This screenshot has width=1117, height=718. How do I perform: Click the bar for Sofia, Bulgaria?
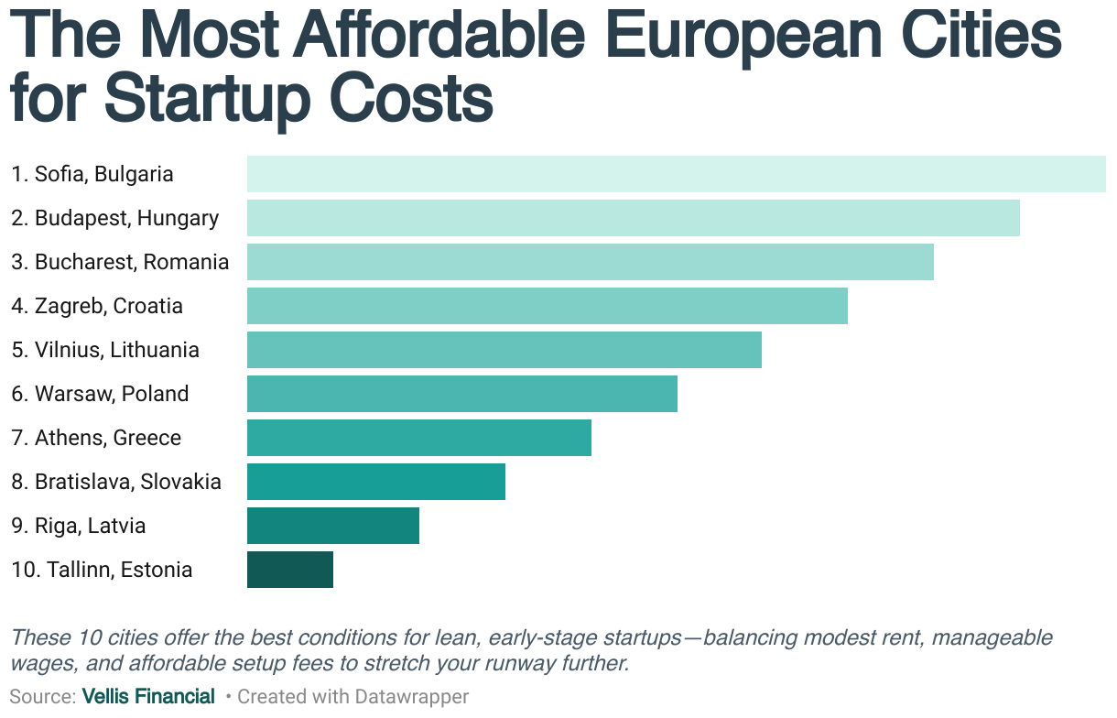(676, 174)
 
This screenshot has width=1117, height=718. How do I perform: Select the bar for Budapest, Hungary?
(633, 218)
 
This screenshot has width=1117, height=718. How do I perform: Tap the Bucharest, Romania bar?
(590, 262)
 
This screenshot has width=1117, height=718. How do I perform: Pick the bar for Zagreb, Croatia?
(547, 306)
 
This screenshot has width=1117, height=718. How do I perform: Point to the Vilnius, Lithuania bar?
(504, 350)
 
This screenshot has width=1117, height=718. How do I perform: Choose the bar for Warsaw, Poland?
(461, 394)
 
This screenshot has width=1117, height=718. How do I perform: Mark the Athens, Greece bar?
(418, 438)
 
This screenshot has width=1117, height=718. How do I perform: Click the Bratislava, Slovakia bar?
(375, 482)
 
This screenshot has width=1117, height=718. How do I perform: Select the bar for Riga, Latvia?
(332, 526)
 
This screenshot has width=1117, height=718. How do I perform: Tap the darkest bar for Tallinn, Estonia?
(289, 570)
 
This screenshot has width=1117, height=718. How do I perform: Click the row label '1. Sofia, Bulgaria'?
(92, 174)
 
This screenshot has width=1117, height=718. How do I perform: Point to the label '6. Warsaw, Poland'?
(100, 394)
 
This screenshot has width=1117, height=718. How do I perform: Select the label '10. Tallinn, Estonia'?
(102, 570)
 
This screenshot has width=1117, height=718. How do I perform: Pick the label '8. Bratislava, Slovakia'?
(116, 482)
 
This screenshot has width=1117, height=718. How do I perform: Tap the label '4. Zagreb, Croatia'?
(97, 306)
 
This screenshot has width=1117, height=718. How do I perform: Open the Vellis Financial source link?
(148, 697)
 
